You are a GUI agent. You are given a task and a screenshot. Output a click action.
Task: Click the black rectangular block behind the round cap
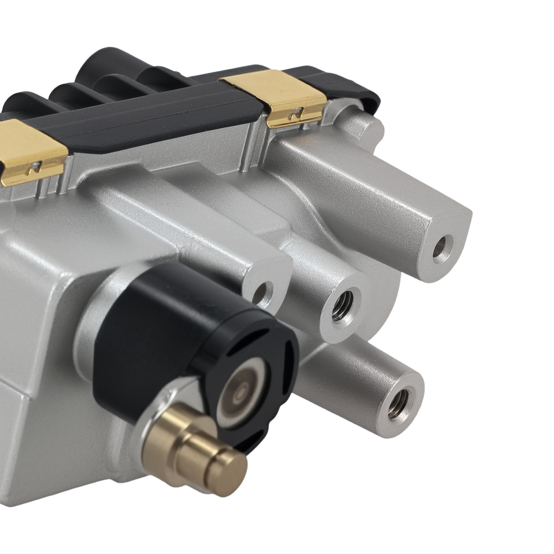(x=138, y=332)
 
